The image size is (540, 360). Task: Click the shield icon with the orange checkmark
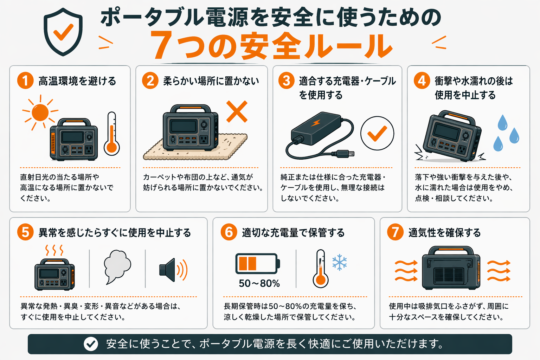click(x=63, y=32)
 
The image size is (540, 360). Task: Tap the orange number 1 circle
click(x=25, y=81)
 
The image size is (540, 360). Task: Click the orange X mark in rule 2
click(x=237, y=111)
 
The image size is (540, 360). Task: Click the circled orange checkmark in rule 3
click(x=377, y=133)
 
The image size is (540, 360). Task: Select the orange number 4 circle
click(x=422, y=81)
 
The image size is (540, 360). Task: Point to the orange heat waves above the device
click(x=54, y=250)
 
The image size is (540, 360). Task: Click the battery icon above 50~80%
click(x=257, y=263)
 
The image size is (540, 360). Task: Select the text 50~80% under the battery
click(x=259, y=283)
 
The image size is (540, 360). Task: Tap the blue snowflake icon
click(x=340, y=262)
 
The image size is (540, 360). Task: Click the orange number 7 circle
click(x=395, y=232)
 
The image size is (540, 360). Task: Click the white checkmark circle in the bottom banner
click(x=91, y=344)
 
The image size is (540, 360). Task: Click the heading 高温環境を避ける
click(x=77, y=81)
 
